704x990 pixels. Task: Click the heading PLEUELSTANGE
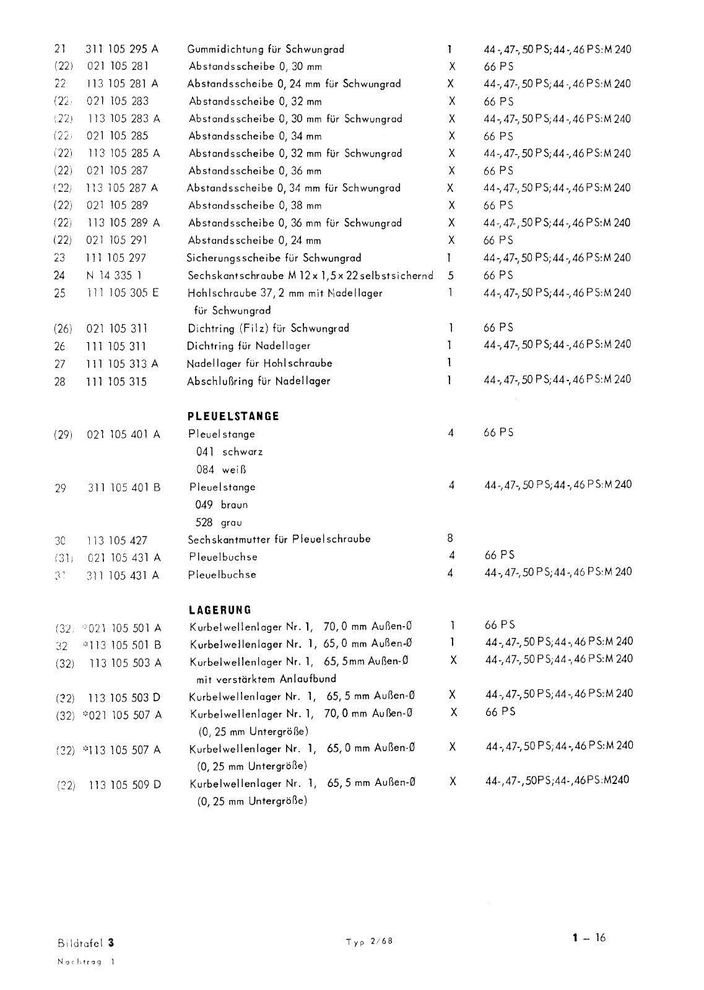coord(233,416)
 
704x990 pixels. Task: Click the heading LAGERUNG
coord(220,610)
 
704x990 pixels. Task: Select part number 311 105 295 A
coord(122,49)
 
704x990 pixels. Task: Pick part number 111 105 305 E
coord(122,293)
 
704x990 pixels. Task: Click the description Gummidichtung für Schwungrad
coord(266,49)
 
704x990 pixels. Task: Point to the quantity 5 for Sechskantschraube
coord(451,275)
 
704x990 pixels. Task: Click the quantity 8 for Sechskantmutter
coord(450,538)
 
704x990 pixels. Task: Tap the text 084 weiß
coord(222,470)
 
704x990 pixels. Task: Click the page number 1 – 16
coord(589,938)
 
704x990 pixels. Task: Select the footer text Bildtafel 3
coord(86,944)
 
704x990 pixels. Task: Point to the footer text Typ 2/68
coord(370,942)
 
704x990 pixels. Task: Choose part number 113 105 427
coord(116,540)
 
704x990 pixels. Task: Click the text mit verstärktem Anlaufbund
coord(266,679)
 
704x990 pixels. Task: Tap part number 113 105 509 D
coord(125,785)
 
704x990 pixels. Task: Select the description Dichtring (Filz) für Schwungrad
coord(269,328)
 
